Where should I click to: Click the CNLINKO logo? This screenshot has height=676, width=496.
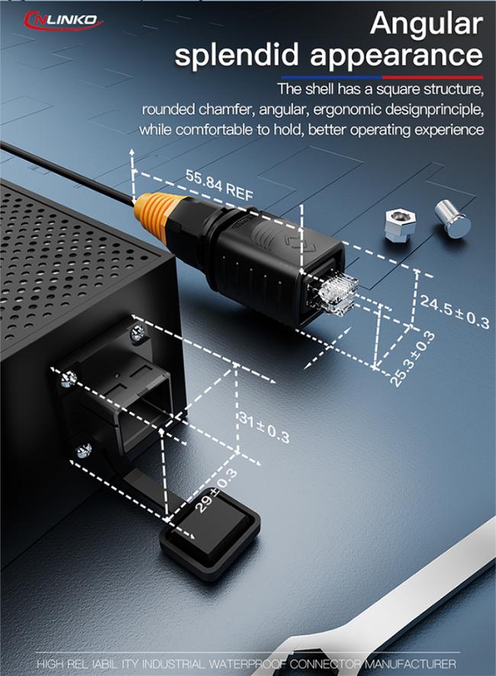pos(63,20)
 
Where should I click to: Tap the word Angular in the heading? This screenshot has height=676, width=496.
pos(427,24)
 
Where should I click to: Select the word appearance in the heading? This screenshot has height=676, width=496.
pos(396,55)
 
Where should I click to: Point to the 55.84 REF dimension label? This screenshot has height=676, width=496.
pos(219,186)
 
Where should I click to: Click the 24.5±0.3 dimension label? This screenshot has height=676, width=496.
pos(455,312)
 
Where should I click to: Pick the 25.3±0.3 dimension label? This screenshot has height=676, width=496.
pos(413,359)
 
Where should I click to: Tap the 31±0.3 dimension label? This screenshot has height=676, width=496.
pos(264,429)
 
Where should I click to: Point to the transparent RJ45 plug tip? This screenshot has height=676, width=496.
pos(338,293)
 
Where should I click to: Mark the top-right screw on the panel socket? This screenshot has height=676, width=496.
pos(138,333)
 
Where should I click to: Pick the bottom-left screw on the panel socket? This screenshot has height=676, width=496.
pos(84,451)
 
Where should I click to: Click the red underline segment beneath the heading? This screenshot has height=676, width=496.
pos(432,78)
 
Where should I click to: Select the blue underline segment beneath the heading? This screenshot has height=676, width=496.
pos(331,78)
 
